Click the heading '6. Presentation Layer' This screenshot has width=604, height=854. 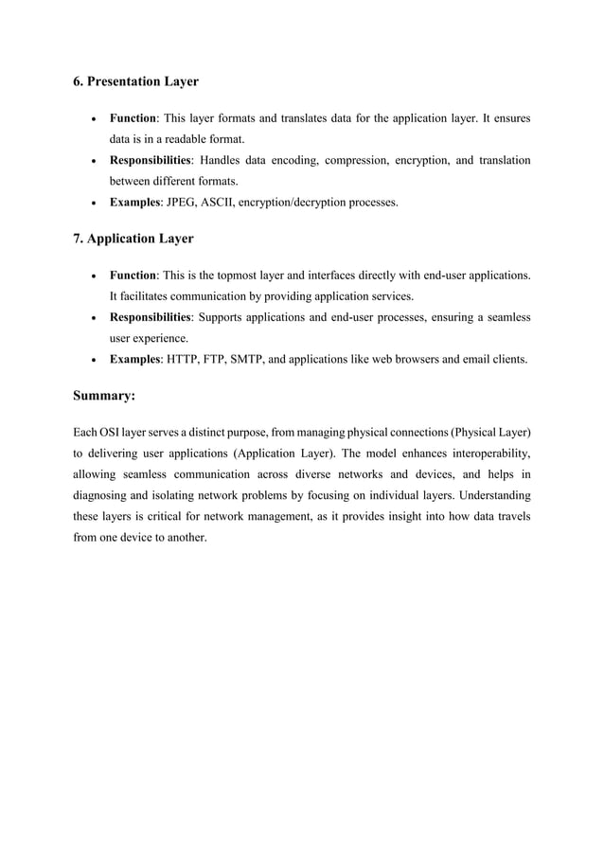tap(135, 81)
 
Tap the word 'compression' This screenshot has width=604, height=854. tap(357, 160)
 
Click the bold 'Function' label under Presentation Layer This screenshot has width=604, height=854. tap(133, 118)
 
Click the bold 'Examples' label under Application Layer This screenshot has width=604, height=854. tap(134, 359)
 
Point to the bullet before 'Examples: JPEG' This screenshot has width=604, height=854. tap(91, 203)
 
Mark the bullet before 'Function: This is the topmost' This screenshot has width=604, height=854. tap(91, 276)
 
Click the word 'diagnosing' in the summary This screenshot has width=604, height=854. tap(105, 495)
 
